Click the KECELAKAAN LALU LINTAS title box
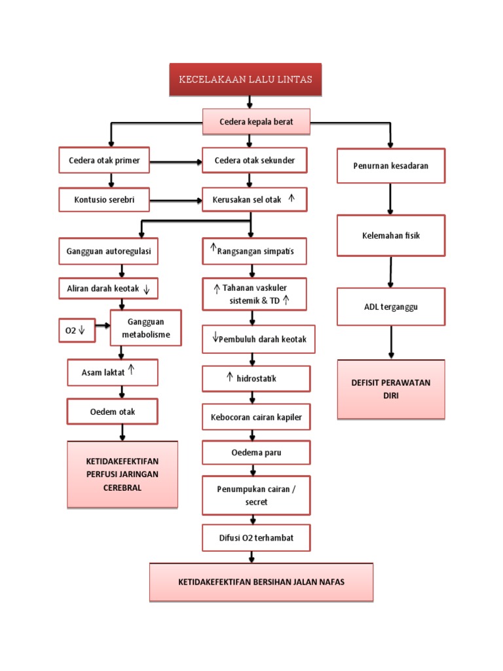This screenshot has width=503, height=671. pos(246,80)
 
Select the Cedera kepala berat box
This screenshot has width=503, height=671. pos(256,122)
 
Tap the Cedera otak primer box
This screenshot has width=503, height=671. pos(104,160)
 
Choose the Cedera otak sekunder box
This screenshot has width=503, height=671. pos(254,160)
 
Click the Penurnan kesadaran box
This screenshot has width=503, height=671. pos(391,166)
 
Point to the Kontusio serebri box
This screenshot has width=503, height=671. pos(104,199)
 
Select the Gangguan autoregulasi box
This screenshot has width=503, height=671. pos(108,251)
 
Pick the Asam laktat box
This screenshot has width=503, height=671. pos(112,372)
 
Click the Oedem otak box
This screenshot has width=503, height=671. pos(112,412)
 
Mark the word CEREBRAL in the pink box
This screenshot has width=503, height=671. pos(122,488)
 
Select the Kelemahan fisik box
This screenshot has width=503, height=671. pos(391,235)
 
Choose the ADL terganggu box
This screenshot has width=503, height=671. pos(391,306)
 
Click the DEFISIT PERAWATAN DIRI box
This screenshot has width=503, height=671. pos(391,389)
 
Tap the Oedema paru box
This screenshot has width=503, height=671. pos(255,452)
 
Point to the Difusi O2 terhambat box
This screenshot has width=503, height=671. pos(255,537)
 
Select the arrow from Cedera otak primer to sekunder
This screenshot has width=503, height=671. pos(176,161)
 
